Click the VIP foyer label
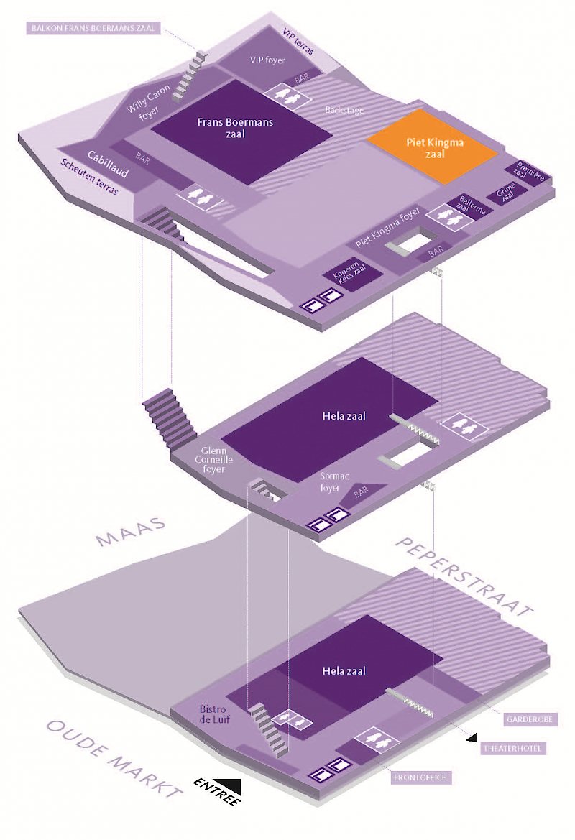coord(267,60)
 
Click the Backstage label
coord(344,111)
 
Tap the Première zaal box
coord(530,171)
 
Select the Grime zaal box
coord(506,193)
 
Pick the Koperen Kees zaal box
coord(346,273)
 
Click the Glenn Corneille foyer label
coord(213,460)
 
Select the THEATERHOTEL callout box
coord(513,749)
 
